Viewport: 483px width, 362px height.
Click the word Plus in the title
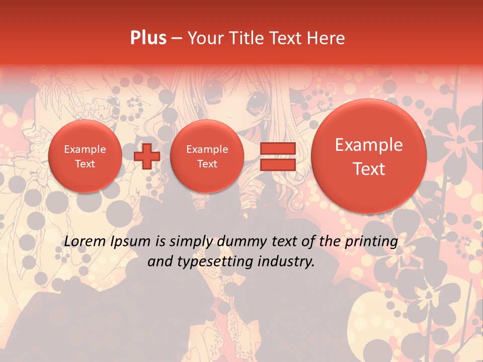click(x=148, y=38)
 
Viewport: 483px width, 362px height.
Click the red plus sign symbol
click(x=147, y=156)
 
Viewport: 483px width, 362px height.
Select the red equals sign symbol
click(x=277, y=156)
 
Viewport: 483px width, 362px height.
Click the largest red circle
click(x=369, y=156)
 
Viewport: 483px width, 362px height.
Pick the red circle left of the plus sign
click(x=85, y=156)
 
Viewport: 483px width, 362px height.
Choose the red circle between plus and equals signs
click(x=207, y=156)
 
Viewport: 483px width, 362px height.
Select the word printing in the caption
click(x=371, y=242)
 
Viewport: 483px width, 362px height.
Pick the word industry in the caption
click(x=289, y=261)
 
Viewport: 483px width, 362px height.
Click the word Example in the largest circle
click(x=369, y=145)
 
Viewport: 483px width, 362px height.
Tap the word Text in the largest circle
click(x=369, y=169)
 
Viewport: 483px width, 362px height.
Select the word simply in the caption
click(x=191, y=242)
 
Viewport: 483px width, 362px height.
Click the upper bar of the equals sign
click(x=277, y=149)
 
